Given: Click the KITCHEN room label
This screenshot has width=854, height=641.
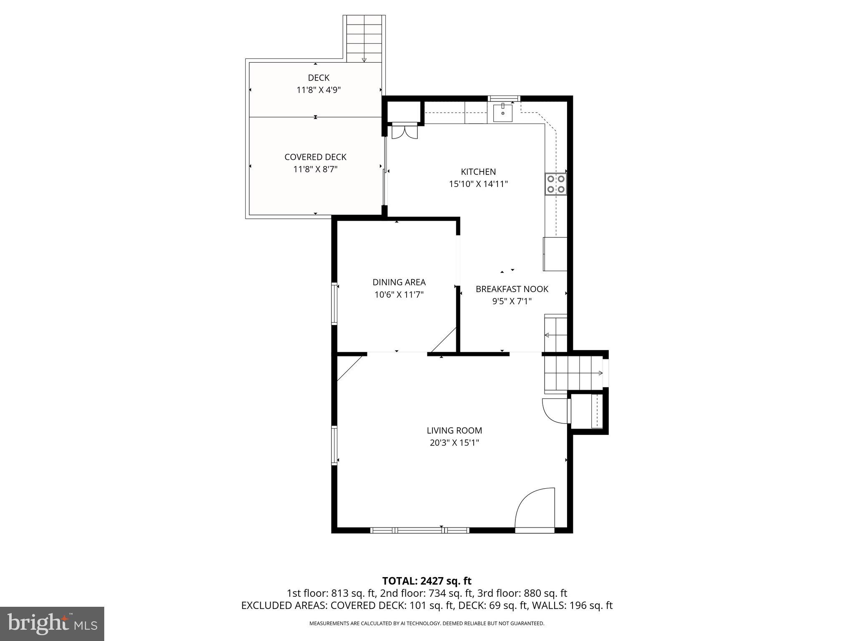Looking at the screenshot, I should pyautogui.click(x=478, y=172).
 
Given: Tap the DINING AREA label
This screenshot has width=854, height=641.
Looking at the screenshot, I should pyautogui.click(x=399, y=282).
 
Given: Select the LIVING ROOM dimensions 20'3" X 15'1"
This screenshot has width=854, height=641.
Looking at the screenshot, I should pyautogui.click(x=454, y=443).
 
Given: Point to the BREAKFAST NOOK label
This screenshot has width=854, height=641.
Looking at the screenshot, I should pyautogui.click(x=512, y=289).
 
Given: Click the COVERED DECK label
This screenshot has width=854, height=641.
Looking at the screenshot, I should pyautogui.click(x=315, y=157).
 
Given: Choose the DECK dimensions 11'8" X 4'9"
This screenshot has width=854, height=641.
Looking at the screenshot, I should pyautogui.click(x=319, y=90).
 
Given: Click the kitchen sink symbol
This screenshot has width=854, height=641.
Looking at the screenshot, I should pyautogui.click(x=503, y=113).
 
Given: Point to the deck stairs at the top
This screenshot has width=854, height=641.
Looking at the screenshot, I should pyautogui.click(x=364, y=39).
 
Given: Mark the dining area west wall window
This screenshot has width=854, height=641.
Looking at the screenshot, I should pyautogui.click(x=334, y=303).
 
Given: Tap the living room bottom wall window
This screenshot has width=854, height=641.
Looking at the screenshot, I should pyautogui.click(x=419, y=530).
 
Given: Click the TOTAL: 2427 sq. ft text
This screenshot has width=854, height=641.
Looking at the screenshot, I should pyautogui.click(x=427, y=581).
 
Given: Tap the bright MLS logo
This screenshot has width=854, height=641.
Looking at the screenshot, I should pyautogui.click(x=52, y=624).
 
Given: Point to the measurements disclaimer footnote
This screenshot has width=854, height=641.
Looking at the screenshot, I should pyautogui.click(x=427, y=623).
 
